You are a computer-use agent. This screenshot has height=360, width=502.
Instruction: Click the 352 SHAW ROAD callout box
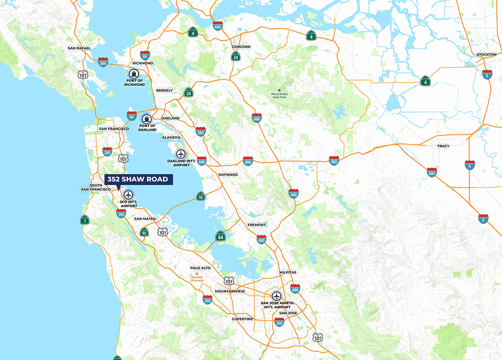click(138, 179)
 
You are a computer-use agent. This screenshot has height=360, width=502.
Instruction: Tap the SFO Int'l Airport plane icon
click(128, 195)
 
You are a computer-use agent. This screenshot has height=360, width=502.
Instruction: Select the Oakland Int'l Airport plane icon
click(181, 154)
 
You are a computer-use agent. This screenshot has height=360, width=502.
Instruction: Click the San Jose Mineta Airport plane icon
click(276, 296)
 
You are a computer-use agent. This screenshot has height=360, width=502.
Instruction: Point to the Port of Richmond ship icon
click(134, 74)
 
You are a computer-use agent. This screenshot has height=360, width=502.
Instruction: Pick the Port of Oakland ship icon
click(146, 119)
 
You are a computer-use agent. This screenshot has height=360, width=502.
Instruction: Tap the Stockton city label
click(486, 54)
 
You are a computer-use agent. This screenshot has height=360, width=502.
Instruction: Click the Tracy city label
click(443, 146)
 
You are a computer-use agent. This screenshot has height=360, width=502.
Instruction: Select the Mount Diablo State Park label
click(279, 96)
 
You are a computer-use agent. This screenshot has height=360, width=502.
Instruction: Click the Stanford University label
click(197, 279)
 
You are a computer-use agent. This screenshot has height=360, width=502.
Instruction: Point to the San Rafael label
click(79, 48)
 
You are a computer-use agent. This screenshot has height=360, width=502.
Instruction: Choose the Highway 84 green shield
click(220, 236)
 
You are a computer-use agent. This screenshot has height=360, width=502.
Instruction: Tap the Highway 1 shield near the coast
click(85, 220)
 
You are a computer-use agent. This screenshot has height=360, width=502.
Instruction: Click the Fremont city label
click(256, 225)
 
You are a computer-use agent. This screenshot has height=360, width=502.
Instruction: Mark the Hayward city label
click(228, 174)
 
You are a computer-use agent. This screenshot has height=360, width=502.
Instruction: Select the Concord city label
click(241, 47)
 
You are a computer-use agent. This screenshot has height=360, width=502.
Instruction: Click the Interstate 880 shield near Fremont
click(261, 239)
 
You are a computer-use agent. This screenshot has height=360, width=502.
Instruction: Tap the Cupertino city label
click(242, 319)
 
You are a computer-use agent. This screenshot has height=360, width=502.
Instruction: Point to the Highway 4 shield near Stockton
click(425, 81)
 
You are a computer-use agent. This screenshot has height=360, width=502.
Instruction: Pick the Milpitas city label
click(288, 272)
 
